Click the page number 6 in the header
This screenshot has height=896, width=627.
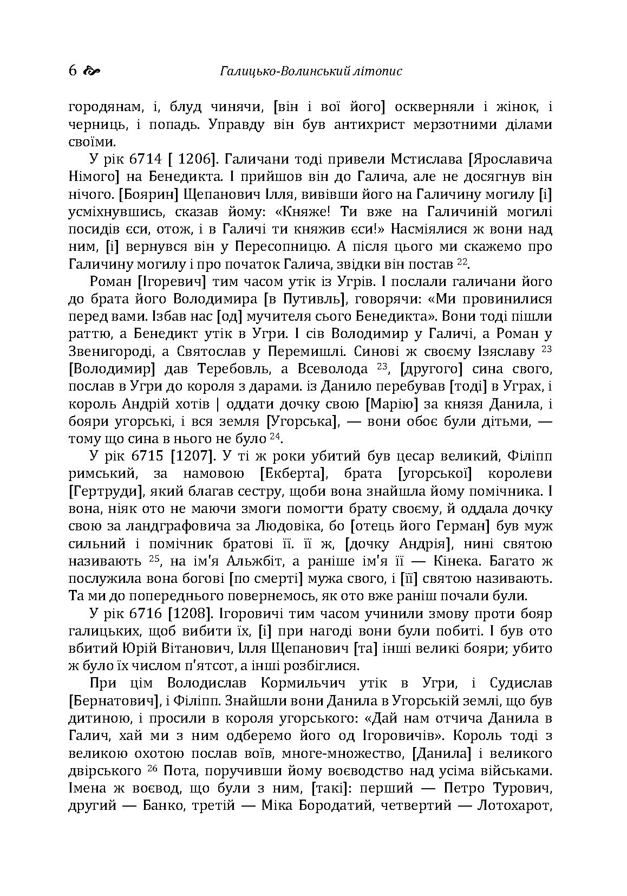point(73,71)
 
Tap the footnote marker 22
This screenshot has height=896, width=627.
point(461,262)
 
